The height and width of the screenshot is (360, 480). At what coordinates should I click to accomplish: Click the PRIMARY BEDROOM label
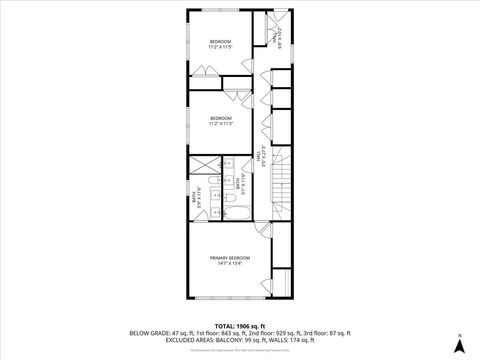[x=229, y=260]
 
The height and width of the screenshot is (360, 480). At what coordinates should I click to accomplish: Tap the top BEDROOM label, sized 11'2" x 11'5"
[x=220, y=43]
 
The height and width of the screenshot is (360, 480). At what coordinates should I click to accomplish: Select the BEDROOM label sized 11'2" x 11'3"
[x=220, y=121]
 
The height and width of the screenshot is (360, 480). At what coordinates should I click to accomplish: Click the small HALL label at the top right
[x=277, y=39]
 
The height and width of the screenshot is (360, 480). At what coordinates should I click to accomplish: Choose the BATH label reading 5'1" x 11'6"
[x=238, y=184]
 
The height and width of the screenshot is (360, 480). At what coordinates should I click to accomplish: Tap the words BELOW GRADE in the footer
[x=148, y=333]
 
